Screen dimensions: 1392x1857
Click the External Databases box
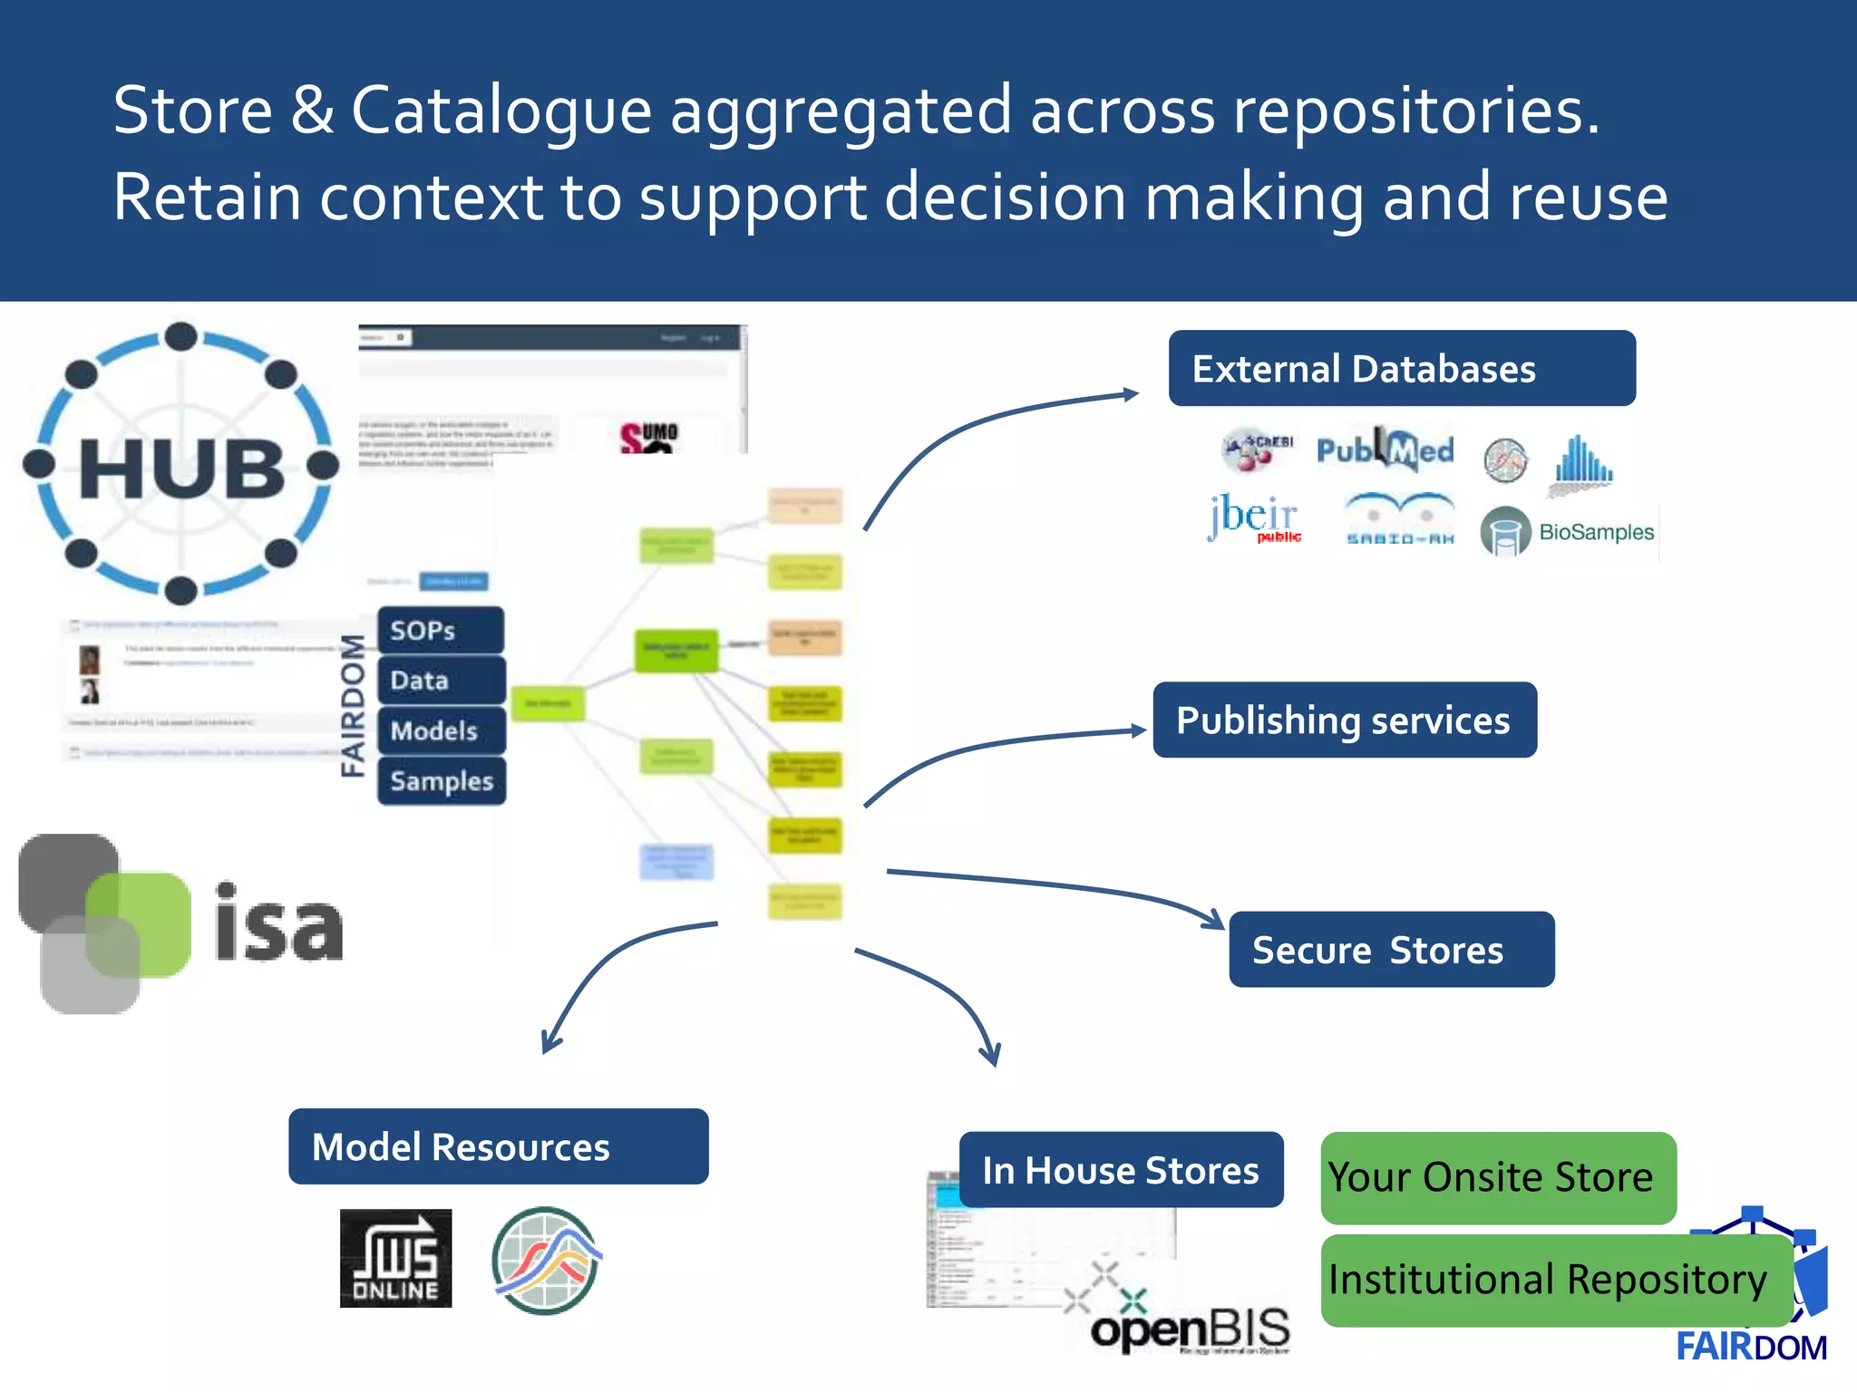click(1401, 368)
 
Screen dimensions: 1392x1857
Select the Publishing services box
click(1344, 720)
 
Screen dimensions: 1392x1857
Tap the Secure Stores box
click(1391, 949)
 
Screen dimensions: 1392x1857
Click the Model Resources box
click(498, 1146)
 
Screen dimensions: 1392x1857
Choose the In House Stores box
click(1121, 1169)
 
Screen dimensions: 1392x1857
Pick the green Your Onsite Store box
click(1497, 1177)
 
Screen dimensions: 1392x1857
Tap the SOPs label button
click(441, 631)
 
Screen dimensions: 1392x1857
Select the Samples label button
click(442, 781)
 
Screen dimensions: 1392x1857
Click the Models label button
click(441, 730)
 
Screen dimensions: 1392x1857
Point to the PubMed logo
click(1385, 449)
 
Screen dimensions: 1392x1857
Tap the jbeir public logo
click(1254, 518)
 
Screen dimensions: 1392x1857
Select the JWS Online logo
click(395, 1258)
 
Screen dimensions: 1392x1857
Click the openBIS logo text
click(1191, 1329)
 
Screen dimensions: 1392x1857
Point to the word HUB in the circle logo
click(181, 469)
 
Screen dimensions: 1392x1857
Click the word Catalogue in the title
click(501, 111)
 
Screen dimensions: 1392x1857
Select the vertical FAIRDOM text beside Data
click(353, 706)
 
